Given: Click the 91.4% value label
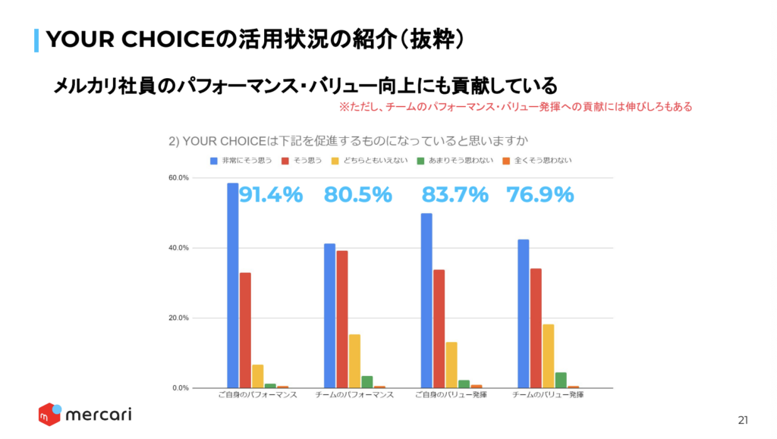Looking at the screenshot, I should pos(271,195).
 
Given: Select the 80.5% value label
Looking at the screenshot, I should pos(358,195).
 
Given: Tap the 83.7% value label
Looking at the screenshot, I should pos(455,195).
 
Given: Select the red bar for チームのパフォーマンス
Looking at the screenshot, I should pos(342,319).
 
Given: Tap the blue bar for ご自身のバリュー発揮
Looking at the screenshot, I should pos(426,300).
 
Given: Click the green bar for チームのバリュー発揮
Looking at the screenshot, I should pos(561,380).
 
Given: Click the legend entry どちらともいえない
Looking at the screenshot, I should pos(383,161).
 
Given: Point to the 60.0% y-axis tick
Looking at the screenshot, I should pos(178,178).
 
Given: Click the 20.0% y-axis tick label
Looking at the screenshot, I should pos(178,318).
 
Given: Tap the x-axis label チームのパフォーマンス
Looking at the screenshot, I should pos(354,396).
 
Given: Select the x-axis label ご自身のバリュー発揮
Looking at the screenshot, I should pos(451,396).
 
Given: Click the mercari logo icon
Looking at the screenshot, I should pos(50,415).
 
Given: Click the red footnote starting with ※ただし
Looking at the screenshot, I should pos(515,108).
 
